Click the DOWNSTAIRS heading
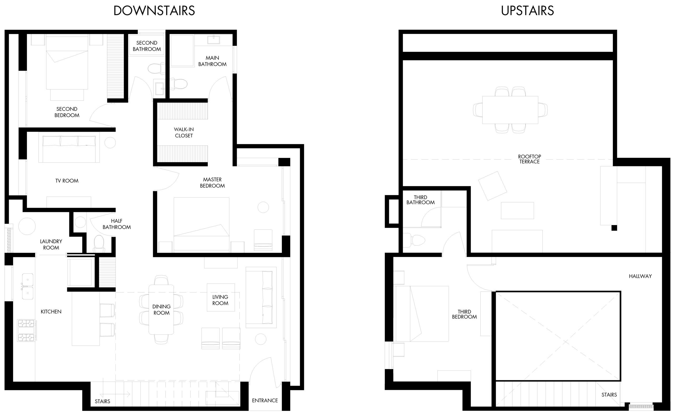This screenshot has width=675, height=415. tap(154, 11)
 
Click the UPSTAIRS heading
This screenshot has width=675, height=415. tap(527, 11)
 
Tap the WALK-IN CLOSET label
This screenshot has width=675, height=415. tap(184, 132)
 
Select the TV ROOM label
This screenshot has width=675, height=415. tap(67, 180)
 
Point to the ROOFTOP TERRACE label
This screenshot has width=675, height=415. tap(529, 159)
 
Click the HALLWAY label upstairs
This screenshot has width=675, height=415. tap(640, 276)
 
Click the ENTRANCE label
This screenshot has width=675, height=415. tap(265, 401)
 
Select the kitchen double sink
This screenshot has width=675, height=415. tap(27, 286)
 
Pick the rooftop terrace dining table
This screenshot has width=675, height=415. tap(510, 110)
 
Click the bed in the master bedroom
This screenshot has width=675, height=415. tap(201, 224)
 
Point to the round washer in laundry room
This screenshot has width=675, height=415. tap(27, 226)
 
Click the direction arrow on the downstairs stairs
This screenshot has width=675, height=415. tap(118, 395)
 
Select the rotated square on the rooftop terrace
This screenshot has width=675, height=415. tap(492, 186)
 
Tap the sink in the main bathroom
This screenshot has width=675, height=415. tap(213, 40)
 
